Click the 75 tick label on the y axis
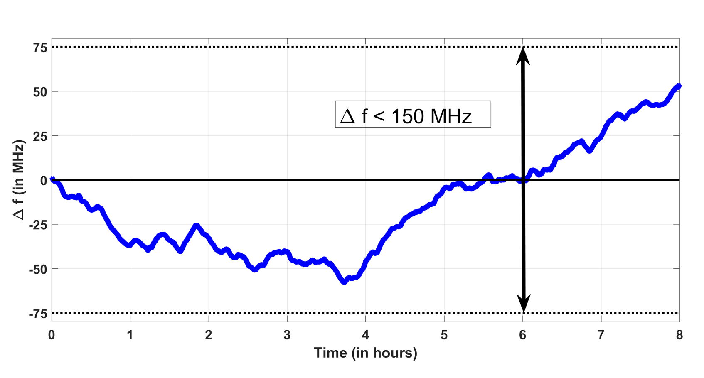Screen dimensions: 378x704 tap(40, 48)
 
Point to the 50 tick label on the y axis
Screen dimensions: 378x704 tap(40, 92)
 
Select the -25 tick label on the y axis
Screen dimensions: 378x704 tap(37, 225)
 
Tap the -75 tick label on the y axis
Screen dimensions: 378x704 tap(37, 314)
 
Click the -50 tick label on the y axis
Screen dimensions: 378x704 tap(37, 270)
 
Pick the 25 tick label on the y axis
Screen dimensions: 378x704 tap(40, 136)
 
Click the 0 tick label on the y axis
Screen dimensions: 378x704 tap(43, 181)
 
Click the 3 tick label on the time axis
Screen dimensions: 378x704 tap(287, 335)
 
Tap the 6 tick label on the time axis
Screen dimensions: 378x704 tap(522, 335)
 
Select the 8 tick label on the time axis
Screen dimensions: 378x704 tap(679, 335)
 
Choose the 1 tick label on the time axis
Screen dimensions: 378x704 tap(130, 335)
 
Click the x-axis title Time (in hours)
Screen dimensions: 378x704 tap(365, 353)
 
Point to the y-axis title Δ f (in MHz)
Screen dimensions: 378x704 tap(19, 180)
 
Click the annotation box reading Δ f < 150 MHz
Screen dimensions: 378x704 tap(413, 114)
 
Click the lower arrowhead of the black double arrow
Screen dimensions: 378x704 tap(524, 304)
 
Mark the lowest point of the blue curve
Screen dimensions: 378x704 tap(344, 282)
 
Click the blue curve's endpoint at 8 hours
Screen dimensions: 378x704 tap(679, 86)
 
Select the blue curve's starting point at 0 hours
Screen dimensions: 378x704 tap(52, 179)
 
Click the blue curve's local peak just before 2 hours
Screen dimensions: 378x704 tap(196, 226)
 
